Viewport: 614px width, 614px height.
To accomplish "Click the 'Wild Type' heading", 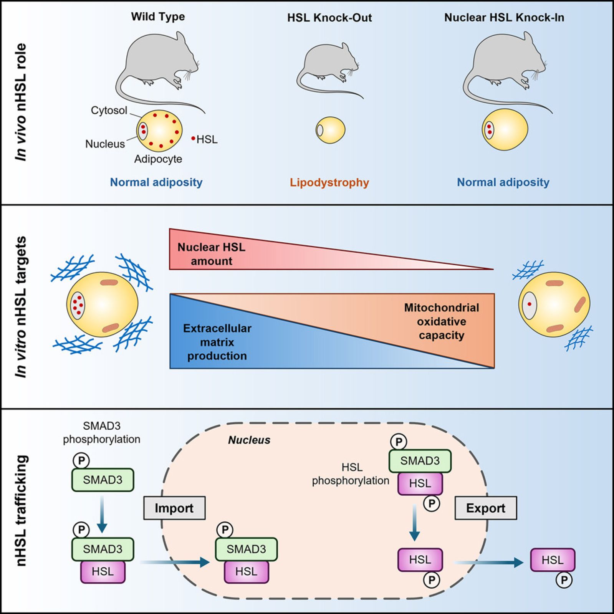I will coord(158,17).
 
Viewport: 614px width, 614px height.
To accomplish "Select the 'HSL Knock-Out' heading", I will coord(329,18).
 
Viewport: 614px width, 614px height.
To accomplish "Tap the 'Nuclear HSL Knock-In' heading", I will coord(504,18).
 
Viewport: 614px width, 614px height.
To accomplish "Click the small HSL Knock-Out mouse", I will coord(328,63).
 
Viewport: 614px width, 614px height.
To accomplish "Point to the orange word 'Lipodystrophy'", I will coord(329,182).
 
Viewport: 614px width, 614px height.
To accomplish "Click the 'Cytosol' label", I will coord(109,111).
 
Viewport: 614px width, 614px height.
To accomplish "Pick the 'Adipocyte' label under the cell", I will coord(158,159).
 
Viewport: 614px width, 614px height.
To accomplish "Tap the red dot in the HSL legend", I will coord(194,138).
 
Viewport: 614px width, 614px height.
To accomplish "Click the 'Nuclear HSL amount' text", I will coord(211,254).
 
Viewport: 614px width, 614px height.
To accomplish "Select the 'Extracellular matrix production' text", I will coord(217,342).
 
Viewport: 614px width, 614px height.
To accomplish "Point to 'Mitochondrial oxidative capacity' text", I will coord(441,321).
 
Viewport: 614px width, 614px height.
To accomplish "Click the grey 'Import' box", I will coord(174,508).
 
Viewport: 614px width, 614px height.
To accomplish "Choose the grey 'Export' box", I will coord(485,508).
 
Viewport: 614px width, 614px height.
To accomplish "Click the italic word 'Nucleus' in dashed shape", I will coord(249,440).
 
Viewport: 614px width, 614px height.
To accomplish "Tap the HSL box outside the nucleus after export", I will coord(552,560).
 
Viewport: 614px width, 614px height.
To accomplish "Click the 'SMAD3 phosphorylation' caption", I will coord(101,432).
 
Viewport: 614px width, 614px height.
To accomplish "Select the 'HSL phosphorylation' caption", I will coord(351,474).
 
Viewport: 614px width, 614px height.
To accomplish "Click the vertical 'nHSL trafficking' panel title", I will coord(22,511).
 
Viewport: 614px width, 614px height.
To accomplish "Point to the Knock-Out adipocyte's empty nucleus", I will coord(319,130).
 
